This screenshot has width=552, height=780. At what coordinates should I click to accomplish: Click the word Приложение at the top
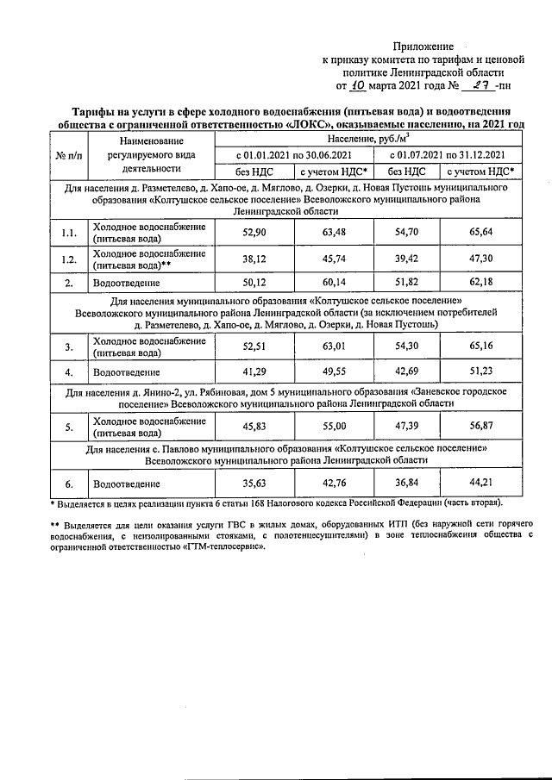point(423,45)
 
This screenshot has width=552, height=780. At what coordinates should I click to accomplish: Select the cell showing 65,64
point(480,233)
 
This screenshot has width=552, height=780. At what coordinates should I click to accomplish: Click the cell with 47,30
point(480,260)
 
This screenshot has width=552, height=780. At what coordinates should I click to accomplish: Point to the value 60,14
point(327,283)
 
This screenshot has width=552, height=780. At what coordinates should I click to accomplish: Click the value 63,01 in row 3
point(327,346)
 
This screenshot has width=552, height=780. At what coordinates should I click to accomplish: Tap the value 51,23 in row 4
point(480,371)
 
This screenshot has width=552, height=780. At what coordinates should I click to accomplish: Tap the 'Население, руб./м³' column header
point(367,138)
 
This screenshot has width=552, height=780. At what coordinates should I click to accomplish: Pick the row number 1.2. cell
point(69,260)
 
